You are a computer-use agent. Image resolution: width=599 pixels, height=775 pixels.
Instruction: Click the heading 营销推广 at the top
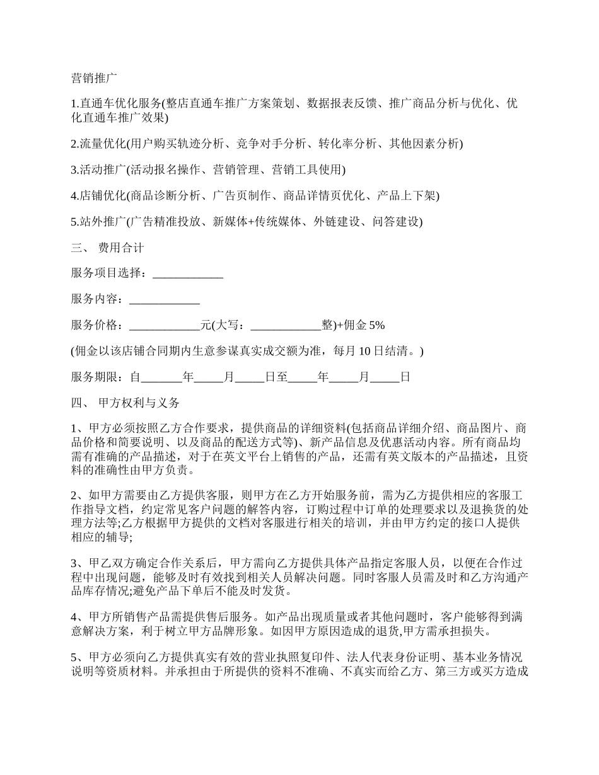94,79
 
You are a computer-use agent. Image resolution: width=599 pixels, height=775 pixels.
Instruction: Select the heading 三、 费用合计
108,248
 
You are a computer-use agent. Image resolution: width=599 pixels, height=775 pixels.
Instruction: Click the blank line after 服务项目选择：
188,274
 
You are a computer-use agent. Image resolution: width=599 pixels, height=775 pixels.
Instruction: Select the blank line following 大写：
286,326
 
